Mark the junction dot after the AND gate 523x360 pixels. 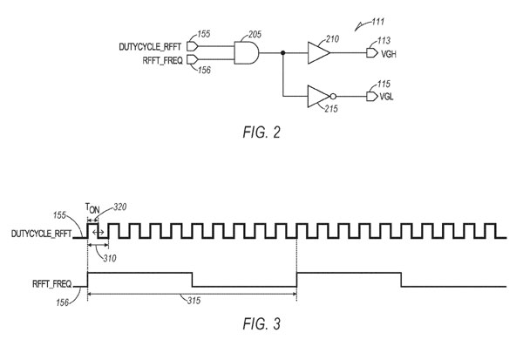(283, 53)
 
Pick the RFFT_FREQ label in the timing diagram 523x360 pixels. (50, 282)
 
